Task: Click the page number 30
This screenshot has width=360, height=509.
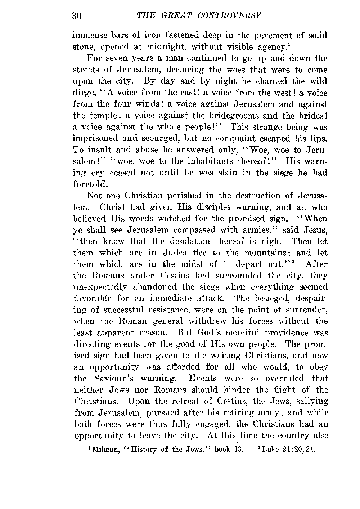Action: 77,16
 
